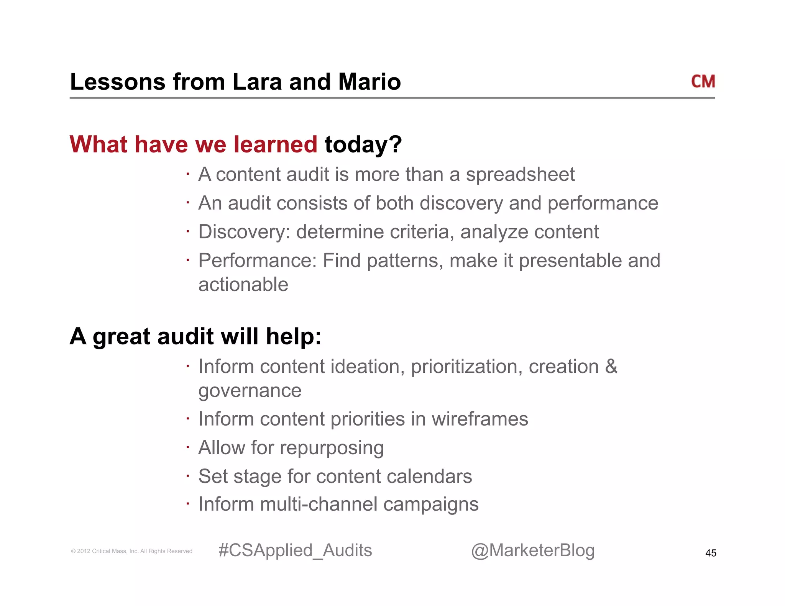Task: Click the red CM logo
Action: [x=703, y=82]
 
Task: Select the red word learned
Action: [x=275, y=144]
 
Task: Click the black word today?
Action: [x=363, y=144]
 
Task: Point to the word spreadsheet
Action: [x=520, y=175]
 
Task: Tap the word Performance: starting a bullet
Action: [x=257, y=261]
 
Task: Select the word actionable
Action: [x=243, y=285]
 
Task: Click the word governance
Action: [x=250, y=391]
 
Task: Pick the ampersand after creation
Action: [x=611, y=367]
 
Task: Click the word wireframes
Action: [x=480, y=419]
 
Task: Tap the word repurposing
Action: [x=332, y=448]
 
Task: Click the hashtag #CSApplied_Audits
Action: [x=295, y=550]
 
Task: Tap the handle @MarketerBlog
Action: [x=532, y=550]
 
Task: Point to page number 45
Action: [x=710, y=553]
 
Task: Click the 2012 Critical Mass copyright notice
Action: [x=131, y=551]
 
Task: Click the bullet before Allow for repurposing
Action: [x=188, y=447]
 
